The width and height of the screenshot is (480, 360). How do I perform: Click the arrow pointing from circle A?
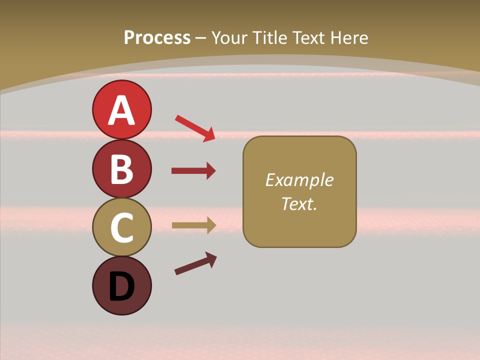click(x=195, y=128)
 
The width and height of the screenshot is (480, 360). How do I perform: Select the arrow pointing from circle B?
click(x=193, y=171)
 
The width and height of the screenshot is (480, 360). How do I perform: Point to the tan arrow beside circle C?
click(x=193, y=225)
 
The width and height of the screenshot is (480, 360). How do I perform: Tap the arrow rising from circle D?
click(x=195, y=263)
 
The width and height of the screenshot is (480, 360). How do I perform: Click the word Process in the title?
click(x=157, y=37)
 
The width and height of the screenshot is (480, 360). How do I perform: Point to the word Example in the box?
click(x=299, y=180)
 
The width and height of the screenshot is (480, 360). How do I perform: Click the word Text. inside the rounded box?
click(x=299, y=203)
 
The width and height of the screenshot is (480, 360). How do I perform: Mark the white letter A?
click(x=121, y=110)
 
